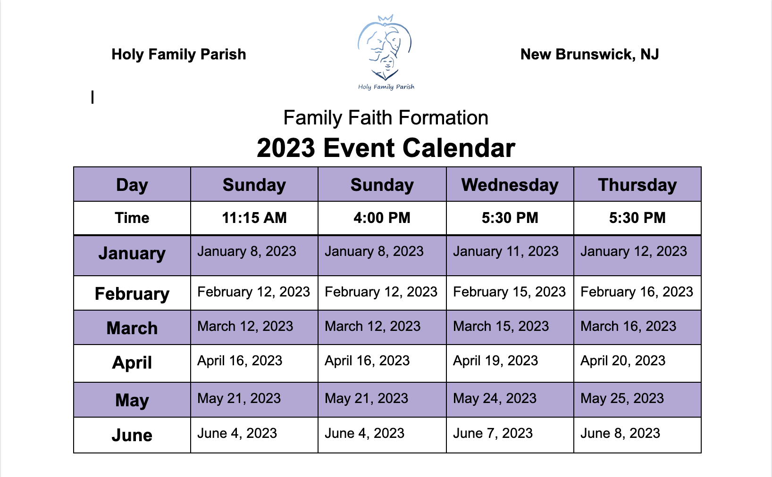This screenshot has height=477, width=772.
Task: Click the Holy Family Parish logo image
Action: pos(386,52)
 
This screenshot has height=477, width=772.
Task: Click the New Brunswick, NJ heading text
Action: pos(589,54)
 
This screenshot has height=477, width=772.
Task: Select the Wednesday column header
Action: pos(510,185)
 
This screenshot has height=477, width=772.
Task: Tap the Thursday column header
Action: pos(637,185)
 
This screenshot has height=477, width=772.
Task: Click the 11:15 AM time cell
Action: pos(254,218)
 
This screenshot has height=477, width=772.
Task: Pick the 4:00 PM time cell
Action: pos(382,218)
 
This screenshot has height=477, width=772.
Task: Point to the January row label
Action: pos(132,254)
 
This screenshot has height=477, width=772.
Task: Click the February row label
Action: pos(132,294)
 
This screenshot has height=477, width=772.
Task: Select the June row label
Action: pos(132,436)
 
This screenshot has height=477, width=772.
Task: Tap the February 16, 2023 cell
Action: pos(637,292)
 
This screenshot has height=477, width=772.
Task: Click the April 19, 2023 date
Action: pos(495,361)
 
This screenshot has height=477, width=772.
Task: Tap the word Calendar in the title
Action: pos(459,148)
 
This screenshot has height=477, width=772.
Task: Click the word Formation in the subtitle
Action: pos(443,118)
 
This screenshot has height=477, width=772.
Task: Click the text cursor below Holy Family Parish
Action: pos(92,97)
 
